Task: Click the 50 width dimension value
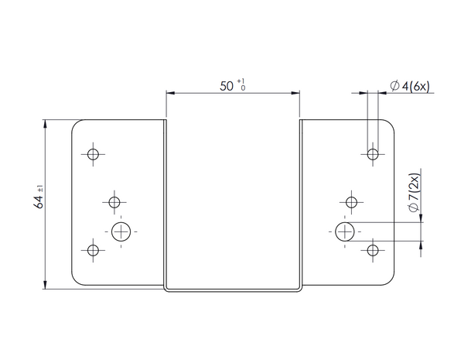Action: [227, 86]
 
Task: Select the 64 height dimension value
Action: [39, 202]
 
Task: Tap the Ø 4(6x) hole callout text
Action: [410, 86]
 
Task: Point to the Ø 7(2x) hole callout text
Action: [414, 193]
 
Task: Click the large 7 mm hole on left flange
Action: [121, 231]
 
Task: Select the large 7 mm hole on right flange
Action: [345, 231]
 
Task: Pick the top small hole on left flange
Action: [93, 154]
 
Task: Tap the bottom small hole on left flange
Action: [93, 251]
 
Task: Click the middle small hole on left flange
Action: [114, 202]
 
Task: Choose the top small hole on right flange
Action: [373, 154]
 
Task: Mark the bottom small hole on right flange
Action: [373, 251]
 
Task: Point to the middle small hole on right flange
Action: [351, 202]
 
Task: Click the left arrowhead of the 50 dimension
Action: [170, 93]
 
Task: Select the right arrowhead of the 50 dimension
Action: [295, 93]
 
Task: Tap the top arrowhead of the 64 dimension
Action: [45, 124]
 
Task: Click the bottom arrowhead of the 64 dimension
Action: [45, 285]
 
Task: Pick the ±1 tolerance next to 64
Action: [40, 188]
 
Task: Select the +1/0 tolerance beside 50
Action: [241, 84]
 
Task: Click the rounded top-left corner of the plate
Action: [75, 123]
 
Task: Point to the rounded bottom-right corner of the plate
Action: [391, 281]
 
